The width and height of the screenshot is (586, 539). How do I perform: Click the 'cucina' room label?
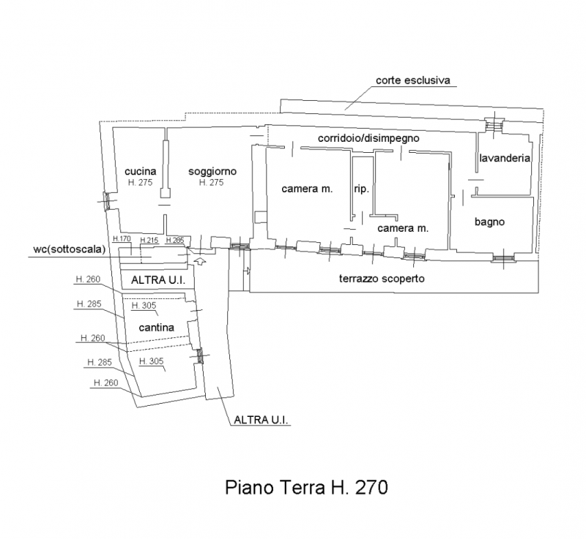click(x=140, y=171)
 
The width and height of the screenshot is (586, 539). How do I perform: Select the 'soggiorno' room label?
click(x=212, y=171)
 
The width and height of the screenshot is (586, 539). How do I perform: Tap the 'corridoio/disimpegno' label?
click(x=368, y=138)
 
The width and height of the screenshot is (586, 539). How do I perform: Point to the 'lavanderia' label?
click(x=505, y=158)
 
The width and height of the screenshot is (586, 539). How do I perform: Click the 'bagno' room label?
click(x=489, y=222)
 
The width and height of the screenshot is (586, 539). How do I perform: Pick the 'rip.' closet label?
click(x=361, y=189)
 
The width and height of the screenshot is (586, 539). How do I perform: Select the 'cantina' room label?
click(x=156, y=328)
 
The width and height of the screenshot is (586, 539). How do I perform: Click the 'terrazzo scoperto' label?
click(x=382, y=279)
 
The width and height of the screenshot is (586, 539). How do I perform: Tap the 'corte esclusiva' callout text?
click(x=413, y=80)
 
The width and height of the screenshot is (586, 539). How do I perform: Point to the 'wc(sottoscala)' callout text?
click(x=70, y=249)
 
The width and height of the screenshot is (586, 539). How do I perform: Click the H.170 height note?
click(x=122, y=238)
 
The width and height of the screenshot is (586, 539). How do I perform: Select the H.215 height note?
click(x=149, y=240)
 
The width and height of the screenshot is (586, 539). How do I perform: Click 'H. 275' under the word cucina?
click(x=140, y=182)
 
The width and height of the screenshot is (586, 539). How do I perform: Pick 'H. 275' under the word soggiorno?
click(x=211, y=182)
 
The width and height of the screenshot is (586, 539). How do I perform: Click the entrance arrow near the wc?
click(x=201, y=261)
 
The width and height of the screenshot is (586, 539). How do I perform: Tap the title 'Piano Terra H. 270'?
click(x=306, y=487)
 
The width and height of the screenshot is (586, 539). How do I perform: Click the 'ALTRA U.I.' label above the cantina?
click(x=158, y=280)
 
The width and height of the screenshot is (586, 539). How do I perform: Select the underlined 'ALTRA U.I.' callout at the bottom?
click(x=261, y=420)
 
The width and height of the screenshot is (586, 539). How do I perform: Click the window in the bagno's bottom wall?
click(x=502, y=258)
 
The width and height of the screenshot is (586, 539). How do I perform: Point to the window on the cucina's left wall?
click(x=106, y=201)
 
